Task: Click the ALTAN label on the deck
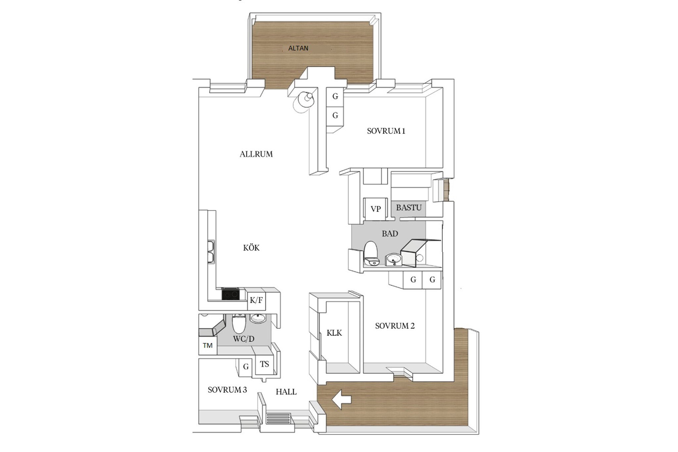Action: point(298,48)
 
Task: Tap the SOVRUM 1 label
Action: point(386,131)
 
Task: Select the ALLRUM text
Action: point(256,154)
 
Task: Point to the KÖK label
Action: point(251,248)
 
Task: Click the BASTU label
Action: point(409,208)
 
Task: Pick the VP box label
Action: point(375,209)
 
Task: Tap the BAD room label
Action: point(390,233)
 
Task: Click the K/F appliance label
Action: point(256,300)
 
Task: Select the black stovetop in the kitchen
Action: point(230,294)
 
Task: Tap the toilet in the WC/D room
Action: point(238,324)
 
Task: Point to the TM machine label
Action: point(208,346)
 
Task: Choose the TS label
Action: point(264,364)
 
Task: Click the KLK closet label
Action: point(334,333)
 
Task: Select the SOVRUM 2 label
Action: point(395,326)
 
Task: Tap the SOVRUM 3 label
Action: point(227,390)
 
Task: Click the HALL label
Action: point(286,392)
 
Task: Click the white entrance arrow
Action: point(341,400)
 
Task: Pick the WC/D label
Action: point(244,339)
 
